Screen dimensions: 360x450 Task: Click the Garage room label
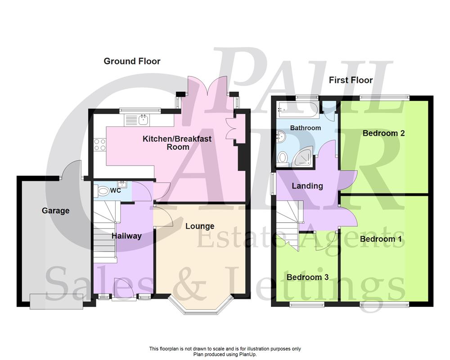[56, 211]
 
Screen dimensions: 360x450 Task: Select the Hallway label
[126, 236]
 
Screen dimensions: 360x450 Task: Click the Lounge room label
[200, 226]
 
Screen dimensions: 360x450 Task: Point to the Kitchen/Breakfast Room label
[177, 143]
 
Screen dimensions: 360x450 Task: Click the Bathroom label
[306, 128]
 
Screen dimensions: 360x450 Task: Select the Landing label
[307, 186]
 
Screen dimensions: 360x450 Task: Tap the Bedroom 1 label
[381, 239]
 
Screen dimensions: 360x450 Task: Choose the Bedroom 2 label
[384, 133]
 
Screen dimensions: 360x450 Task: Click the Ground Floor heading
[132, 61]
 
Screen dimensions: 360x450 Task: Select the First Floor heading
[351, 80]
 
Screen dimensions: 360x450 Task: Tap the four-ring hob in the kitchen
[99, 145]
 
